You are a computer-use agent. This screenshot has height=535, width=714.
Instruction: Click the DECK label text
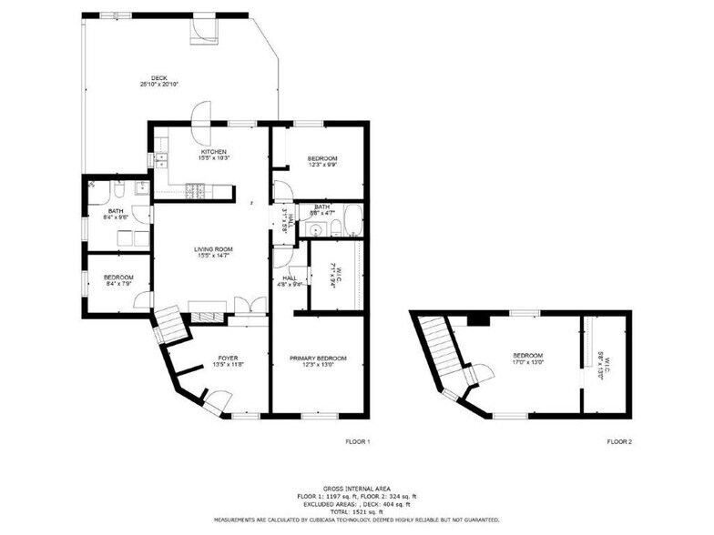click(158, 77)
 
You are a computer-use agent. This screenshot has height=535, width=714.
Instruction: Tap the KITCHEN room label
click(214, 151)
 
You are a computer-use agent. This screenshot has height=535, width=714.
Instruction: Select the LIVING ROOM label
click(213, 248)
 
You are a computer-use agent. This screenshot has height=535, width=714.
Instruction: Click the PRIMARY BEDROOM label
click(318, 358)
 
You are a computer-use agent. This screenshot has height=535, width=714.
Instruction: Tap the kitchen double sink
click(161, 161)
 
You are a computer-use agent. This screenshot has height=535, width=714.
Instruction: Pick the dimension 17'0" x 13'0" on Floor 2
click(527, 362)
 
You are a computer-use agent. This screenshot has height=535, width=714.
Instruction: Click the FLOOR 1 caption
click(357, 441)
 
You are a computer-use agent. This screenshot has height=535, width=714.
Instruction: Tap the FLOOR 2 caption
click(619, 441)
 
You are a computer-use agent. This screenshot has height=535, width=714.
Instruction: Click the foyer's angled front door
click(215, 399)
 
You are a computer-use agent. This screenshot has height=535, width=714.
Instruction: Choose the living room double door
click(242, 307)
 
